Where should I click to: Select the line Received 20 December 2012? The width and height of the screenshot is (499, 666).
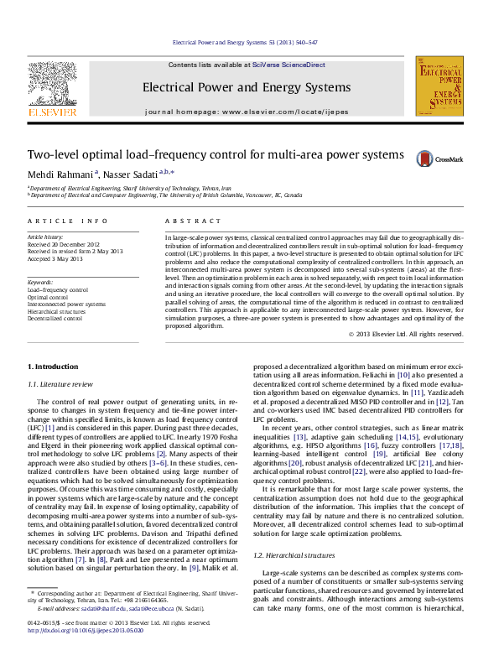65,244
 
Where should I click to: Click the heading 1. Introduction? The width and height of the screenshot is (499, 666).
53,367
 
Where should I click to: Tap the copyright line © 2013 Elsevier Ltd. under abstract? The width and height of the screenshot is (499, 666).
405,334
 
